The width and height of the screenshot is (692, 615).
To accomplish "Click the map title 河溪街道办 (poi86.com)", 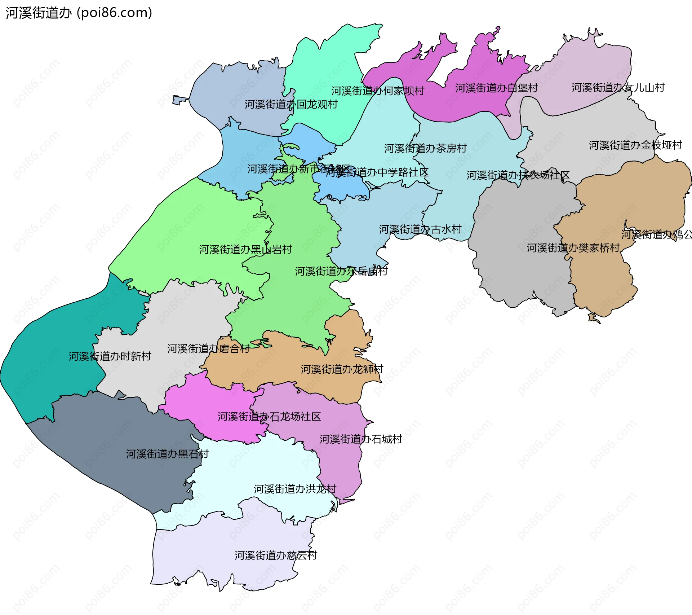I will point(79,13).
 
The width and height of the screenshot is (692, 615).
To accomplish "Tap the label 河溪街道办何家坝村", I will point(378,91).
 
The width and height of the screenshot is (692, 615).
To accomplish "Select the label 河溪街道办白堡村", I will point(496,88).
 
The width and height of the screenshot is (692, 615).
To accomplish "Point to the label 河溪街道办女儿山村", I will point(618,88).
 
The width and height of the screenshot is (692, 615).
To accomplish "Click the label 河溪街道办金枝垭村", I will point(635,145).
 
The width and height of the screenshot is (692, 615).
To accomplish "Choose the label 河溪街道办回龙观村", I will point(291,105).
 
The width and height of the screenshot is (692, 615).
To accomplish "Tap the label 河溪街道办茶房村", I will point(425,148).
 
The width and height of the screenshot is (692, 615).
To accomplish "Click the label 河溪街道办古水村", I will point(420,229).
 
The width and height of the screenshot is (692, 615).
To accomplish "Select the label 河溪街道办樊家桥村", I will point(573,248).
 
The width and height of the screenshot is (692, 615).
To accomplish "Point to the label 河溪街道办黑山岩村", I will point(245,250).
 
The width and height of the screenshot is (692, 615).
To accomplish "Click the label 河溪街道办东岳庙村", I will point(341,271).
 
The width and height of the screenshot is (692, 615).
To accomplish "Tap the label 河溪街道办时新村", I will point(110,356).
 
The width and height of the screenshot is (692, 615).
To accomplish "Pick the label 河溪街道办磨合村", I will point(208,349).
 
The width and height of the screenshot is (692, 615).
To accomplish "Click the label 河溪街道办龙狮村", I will point(342,369).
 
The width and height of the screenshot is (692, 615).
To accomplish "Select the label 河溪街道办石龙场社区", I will point(269,417).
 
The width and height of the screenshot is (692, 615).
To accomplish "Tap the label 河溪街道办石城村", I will point(360,439).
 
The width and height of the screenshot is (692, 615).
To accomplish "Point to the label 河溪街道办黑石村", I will point(167,454).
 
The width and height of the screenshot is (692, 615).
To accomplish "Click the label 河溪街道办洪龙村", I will point(295,489).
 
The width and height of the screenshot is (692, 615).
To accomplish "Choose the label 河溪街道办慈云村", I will point(276,555).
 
